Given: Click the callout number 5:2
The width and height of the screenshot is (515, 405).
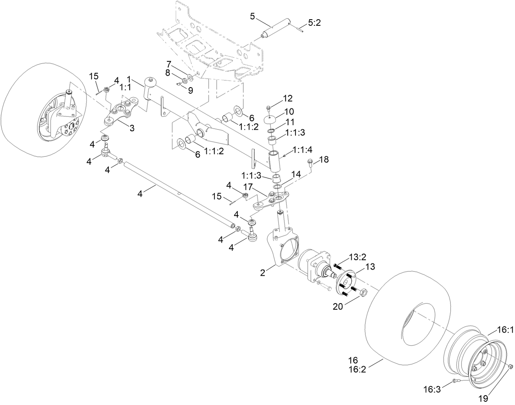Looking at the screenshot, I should coord(314,23).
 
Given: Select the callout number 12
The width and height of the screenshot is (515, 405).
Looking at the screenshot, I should coord(287,98).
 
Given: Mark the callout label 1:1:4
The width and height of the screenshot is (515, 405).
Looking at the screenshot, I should coord(303,150).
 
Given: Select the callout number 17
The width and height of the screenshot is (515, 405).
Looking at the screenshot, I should coord(248,187).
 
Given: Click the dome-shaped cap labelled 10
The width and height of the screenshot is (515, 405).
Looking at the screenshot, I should coord(271,119).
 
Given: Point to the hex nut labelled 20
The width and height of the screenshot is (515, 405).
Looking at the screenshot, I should coord(363,293).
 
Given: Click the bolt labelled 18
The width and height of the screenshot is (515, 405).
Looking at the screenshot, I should coord(310,164).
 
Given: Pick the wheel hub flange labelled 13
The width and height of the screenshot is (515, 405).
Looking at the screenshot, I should coord(346,282).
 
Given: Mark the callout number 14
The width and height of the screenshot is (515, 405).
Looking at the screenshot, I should coord(296,174).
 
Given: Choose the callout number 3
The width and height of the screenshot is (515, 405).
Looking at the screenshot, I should coord(132,128).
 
